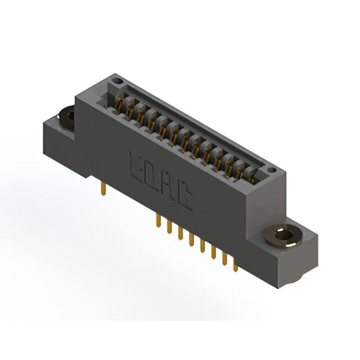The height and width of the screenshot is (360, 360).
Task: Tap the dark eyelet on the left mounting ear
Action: pos(66,116)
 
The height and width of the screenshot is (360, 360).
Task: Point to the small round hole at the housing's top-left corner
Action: pos(117,82)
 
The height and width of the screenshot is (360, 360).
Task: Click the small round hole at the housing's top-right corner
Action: pos(271,169)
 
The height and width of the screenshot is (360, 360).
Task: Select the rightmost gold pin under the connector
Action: pos(236,264)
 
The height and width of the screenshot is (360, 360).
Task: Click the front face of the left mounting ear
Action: pos(59,149)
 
